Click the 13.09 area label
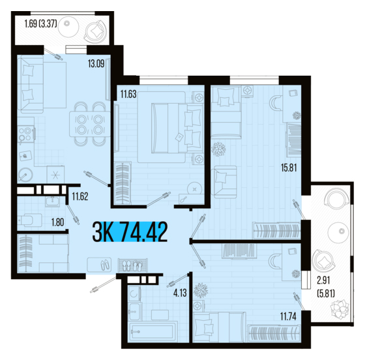point(96,63)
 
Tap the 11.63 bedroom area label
point(128,95)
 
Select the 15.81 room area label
point(289,168)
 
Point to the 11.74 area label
point(288,316)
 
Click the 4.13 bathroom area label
point(180,293)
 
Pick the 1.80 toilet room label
point(57,222)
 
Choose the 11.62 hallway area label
point(80,196)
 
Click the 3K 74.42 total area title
point(130,232)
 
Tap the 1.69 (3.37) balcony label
point(40,23)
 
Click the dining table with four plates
point(90,124)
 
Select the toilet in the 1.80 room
point(29,220)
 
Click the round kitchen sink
point(25,175)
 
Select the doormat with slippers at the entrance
point(99,265)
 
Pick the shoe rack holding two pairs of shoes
point(133,265)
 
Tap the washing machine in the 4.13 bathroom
point(134,294)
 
